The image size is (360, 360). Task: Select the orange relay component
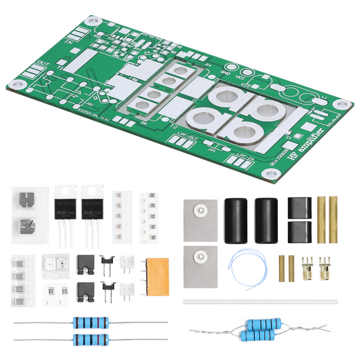pyautogui.click(x=156, y=276)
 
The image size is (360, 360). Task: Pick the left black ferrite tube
pyautogui.click(x=236, y=220)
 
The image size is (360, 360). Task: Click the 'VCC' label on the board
pyautogui.click(x=240, y=77)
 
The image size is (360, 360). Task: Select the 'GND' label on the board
pyautogui.click(x=225, y=71)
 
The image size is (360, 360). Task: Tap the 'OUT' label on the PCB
pyautogui.click(x=44, y=63)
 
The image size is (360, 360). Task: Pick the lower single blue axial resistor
pyautogui.click(x=90, y=338)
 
